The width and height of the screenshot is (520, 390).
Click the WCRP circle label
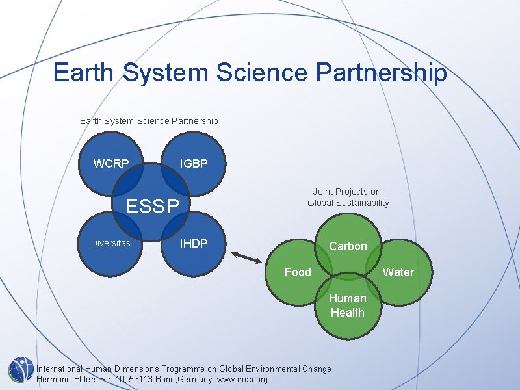click(x=111, y=164)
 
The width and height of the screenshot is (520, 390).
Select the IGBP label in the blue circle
click(x=194, y=164)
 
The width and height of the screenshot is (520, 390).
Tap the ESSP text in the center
click(x=153, y=207)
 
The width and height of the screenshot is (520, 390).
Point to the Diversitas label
click(x=110, y=244)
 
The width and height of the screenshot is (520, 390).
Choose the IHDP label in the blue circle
click(x=194, y=244)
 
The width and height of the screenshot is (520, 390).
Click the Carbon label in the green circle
click(x=348, y=246)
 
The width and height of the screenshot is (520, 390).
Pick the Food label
click(x=298, y=272)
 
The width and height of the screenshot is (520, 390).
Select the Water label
click(x=398, y=272)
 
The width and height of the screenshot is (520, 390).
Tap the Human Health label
click(x=347, y=305)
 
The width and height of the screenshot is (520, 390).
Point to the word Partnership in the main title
click(x=381, y=72)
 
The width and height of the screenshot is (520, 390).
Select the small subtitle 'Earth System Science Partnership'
click(x=149, y=121)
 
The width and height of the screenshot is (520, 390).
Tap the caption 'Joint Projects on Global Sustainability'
click(x=348, y=198)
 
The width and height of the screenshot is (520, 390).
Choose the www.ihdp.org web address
click(x=242, y=380)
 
